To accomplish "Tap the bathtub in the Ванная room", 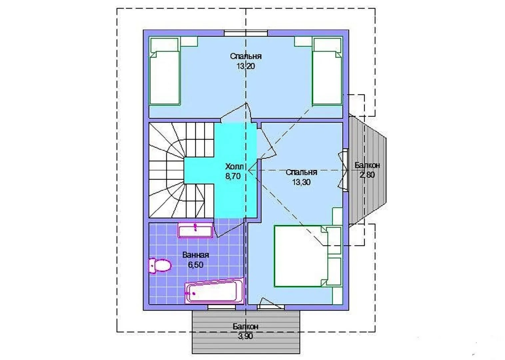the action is pos(215,291).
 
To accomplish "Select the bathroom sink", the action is pos(195,231).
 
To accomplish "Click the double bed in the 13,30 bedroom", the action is pos(307,256).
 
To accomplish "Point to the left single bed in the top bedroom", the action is pos(165,71).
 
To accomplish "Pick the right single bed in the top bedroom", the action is pos(327,71).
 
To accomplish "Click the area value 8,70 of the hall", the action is pos(233,176).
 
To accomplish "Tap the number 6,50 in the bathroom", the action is pos(196,265).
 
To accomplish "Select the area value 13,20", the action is pos(246,66).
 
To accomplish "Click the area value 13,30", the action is pos(301,182).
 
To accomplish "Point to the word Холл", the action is pos(235,167).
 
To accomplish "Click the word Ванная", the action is pos(196,255).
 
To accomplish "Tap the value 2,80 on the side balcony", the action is pos(367,175).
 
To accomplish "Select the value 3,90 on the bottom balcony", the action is pos(246,336).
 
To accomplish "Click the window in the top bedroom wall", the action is pos(246,33).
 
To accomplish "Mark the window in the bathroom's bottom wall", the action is pos(222,307).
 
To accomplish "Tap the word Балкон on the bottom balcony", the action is pos(246,326).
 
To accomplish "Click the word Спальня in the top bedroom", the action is pos(246,56).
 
